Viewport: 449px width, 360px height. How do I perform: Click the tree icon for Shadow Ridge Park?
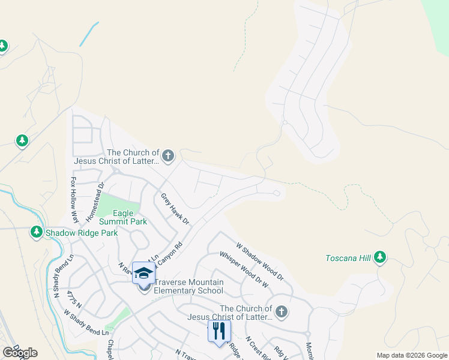(37, 232)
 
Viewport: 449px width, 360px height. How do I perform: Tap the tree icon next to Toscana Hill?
(379, 258)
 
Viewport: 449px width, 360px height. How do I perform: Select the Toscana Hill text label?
(348, 259)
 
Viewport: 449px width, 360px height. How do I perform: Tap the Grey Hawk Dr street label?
(174, 209)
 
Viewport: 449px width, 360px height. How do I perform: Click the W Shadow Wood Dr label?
(259, 262)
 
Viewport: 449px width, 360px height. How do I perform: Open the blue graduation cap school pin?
(143, 273)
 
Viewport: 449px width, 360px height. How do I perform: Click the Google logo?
(20, 352)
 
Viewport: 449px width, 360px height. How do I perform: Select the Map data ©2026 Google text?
(411, 355)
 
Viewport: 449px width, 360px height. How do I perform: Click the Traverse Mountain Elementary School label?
(188, 286)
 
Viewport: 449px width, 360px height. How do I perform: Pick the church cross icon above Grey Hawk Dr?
(168, 157)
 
